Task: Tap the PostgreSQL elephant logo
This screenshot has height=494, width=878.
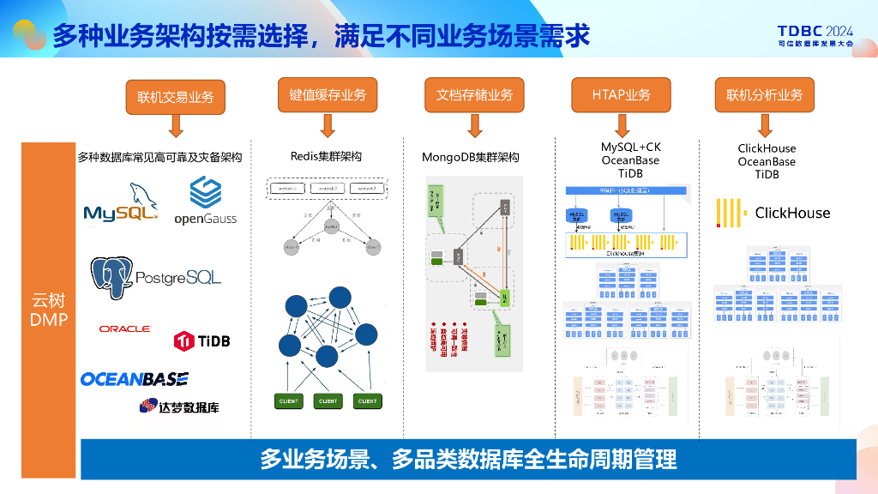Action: (156, 276)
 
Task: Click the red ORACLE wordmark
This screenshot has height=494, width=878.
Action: (124, 329)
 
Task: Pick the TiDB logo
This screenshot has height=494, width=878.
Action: (201, 340)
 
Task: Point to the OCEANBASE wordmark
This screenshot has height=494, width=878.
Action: (135, 379)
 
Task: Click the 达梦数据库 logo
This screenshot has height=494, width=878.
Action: (178, 406)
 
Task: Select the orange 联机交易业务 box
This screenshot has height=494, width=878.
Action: (176, 97)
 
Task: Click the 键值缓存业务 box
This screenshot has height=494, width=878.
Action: (327, 94)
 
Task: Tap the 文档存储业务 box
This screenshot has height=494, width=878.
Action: (474, 94)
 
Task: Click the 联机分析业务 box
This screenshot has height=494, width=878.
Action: (764, 94)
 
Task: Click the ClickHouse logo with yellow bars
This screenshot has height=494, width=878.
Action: (773, 213)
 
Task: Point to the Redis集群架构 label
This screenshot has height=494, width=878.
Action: (326, 156)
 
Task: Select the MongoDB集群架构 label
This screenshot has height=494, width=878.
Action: (470, 157)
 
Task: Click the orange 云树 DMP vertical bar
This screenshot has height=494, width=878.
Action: (49, 309)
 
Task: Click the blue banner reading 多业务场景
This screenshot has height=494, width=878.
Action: (468, 459)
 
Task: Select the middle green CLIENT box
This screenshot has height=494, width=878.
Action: (328, 401)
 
